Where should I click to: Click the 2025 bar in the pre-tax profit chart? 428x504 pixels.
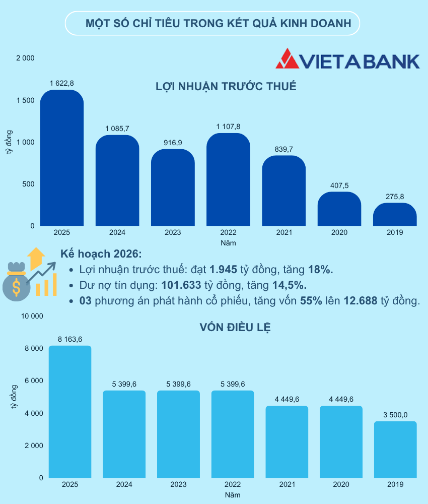[62, 159]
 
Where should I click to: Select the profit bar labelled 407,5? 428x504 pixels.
[339, 209]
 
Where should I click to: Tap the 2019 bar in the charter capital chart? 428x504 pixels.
[395, 450]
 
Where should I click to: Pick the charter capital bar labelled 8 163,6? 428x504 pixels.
[70, 412]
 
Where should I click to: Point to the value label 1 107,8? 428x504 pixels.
[228, 127]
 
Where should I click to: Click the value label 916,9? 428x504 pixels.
[173, 143]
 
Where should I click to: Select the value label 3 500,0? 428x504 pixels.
[395, 415]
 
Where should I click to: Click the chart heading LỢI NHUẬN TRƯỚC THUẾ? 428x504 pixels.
[226, 86]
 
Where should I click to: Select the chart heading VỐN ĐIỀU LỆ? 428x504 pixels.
[235, 327]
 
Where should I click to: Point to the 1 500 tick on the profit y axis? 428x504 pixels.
[25, 100]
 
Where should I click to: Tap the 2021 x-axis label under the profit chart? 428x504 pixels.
[283, 233]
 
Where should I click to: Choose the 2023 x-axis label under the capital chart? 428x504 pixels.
[178, 484]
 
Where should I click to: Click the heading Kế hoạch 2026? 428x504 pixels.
[101, 254]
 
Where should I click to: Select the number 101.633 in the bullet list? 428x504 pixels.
[181, 285]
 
